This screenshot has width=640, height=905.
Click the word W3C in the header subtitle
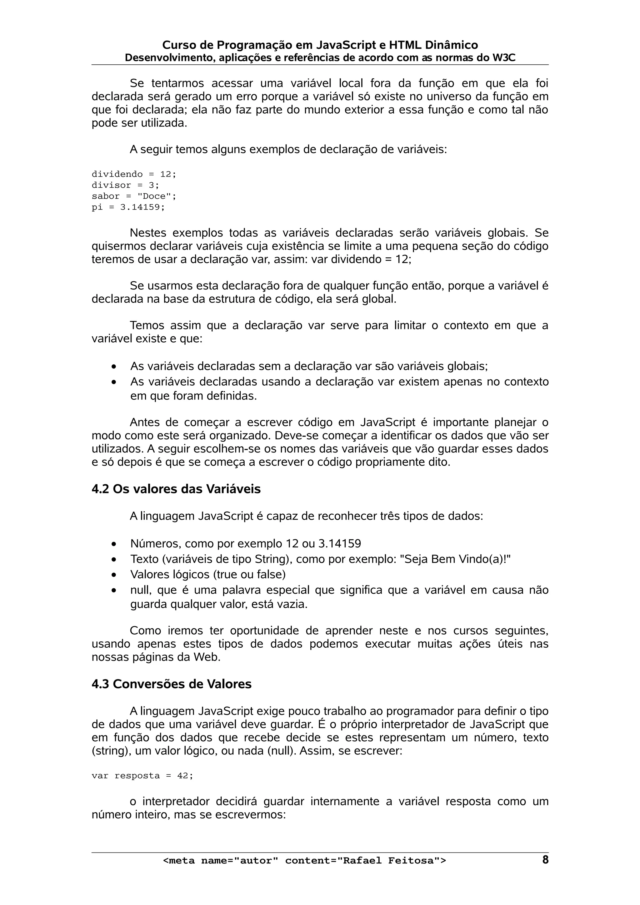504,58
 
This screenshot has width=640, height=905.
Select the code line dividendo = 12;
134,174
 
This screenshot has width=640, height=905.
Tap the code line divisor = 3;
125,185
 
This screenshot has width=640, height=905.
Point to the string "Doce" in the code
154,196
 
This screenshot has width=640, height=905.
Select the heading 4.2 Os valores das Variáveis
176,489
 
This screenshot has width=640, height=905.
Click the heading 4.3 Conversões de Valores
171,684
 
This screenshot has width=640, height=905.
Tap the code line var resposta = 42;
142,776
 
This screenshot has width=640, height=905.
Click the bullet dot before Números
114,544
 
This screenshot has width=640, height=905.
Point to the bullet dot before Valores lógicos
114,575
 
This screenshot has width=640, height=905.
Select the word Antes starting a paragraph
145,423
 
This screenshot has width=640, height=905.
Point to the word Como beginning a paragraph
145,631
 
